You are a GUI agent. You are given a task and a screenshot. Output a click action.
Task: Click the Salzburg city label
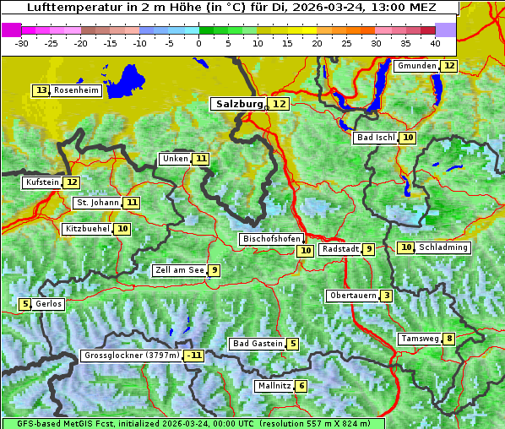point(237,104)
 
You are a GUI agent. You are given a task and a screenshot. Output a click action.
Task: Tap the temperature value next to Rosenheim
point(41,90)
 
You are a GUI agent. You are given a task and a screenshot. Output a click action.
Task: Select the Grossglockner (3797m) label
point(132,356)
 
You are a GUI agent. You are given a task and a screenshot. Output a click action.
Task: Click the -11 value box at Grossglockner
point(194,356)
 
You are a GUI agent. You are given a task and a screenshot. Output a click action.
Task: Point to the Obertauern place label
point(351,296)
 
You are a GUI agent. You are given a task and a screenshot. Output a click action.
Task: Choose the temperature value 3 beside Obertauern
point(386,296)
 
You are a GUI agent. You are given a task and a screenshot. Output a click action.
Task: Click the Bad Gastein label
point(257,344)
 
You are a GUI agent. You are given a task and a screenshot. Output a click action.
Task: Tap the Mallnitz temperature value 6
point(301,386)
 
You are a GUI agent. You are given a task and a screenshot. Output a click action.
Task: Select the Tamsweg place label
point(420,339)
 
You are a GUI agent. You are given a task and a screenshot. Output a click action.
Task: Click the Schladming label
point(443,247)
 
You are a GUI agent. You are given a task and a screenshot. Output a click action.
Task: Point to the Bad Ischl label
point(375,138)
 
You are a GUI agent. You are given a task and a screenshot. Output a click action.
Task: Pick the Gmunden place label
point(416,66)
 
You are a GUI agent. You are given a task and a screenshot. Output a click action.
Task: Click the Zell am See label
point(179,270)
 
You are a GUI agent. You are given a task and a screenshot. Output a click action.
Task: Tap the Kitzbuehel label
point(87,229)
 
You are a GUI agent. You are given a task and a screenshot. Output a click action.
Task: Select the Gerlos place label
point(49,304)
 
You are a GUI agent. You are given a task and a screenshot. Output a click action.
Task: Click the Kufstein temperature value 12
point(72,182)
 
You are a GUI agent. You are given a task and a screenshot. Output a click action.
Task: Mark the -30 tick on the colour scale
point(22,42)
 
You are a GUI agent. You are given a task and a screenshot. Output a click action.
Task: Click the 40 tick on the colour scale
point(435,42)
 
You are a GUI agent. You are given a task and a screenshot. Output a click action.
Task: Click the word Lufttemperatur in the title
point(64,8)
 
